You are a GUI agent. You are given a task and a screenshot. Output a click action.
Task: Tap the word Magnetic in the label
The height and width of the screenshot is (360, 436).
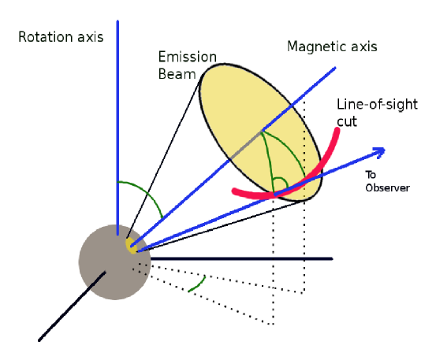coord(315,47)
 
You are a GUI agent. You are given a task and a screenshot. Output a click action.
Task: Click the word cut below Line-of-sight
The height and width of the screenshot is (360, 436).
coord(348,122)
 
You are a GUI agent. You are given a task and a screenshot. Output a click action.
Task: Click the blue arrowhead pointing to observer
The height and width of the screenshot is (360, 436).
coord(378,150)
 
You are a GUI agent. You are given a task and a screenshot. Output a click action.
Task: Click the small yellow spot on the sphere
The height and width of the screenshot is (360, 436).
coord(132,246)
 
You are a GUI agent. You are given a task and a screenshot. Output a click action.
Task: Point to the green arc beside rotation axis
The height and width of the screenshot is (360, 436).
coord(146,193)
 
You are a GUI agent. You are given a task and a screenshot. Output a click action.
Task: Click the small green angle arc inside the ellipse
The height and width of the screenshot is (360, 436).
coord(277,183)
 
